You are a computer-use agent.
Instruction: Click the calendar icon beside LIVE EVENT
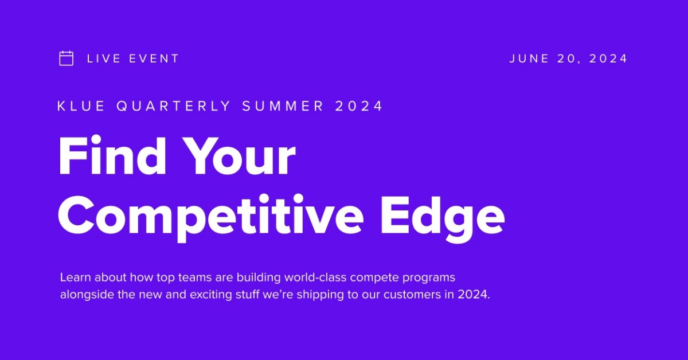tap(67, 58)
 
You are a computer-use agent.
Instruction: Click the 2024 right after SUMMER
tap(359, 106)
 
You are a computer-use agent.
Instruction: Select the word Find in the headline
tap(110, 156)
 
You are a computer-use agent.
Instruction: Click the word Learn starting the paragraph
tap(75, 277)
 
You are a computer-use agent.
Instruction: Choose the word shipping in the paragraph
tap(339, 296)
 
